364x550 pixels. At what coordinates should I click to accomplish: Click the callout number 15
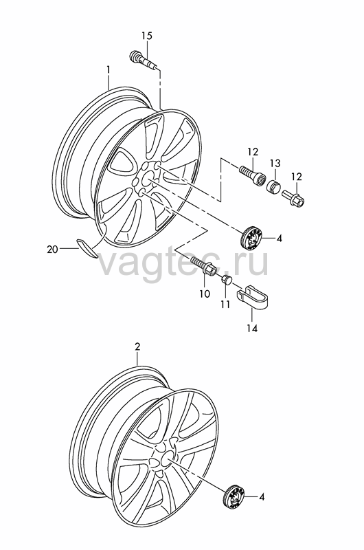point(147,36)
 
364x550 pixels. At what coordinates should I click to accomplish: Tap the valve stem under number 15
point(144,60)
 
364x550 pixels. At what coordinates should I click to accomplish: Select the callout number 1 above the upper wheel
point(109,70)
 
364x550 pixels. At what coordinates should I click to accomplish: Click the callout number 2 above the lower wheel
point(137,347)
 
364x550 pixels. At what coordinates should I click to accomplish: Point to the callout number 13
point(275,163)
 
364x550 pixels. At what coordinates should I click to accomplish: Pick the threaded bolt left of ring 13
point(251,175)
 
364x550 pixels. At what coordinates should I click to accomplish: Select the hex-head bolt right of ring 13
point(294,197)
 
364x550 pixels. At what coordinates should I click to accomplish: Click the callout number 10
point(204,294)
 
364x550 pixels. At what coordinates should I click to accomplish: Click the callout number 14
point(251,328)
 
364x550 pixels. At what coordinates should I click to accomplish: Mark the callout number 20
point(52,250)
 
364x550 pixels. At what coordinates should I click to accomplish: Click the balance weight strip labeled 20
point(87,248)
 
